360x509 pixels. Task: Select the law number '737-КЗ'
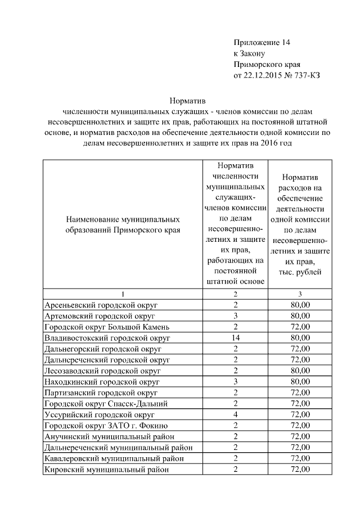[307, 75]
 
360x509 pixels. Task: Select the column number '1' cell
[123, 294]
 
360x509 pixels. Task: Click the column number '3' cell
[300, 294]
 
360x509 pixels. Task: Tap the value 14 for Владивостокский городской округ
[235, 338]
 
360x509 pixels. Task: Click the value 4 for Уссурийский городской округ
[235, 415]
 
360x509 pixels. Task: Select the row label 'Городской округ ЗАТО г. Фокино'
[106, 426]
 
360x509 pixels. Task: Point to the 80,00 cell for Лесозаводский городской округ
[300, 371]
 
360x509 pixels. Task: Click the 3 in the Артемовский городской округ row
[235, 316]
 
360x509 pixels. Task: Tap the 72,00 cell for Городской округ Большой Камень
[300, 327]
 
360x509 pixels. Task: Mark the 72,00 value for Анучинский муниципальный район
[300, 436]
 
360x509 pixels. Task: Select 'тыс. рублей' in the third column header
[300, 272]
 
